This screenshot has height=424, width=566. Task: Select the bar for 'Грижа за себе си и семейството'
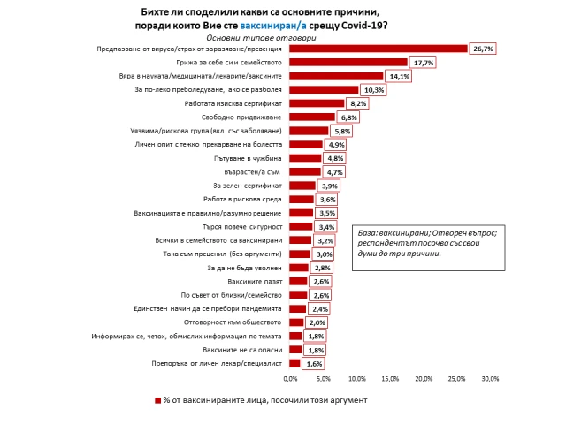point(348,63)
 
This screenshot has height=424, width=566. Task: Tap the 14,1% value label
point(397,76)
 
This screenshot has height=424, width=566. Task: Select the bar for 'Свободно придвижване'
point(312,117)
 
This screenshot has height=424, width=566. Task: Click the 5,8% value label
point(341,131)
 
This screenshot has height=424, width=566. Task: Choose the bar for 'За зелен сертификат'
point(302,185)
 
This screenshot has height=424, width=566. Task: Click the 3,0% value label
point(323,254)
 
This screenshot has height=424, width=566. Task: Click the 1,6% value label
point(314,362)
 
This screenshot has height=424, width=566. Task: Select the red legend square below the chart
point(157,400)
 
